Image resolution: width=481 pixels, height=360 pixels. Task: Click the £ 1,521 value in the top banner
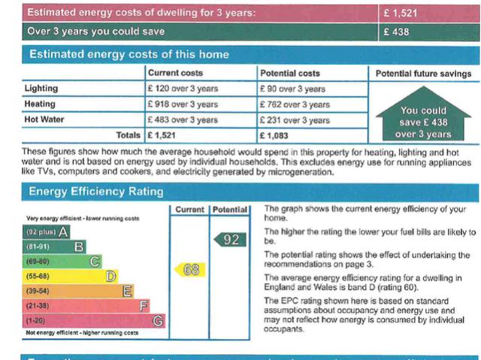pyautogui.click(x=401, y=14)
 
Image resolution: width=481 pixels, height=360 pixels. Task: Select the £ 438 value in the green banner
pyautogui.click(x=396, y=32)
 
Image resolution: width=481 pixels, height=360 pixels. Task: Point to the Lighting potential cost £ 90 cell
pyautogui.click(x=292, y=89)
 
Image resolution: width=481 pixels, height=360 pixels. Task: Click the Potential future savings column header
pyautogui.click(x=423, y=74)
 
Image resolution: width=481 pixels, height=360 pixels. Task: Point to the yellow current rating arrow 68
pyautogui.click(x=190, y=269)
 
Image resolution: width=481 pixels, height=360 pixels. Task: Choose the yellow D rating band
pyautogui.click(x=72, y=277)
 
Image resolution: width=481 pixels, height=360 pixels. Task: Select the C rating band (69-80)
pyautogui.click(x=64, y=262)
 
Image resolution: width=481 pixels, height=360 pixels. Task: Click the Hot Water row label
pyautogui.click(x=44, y=120)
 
